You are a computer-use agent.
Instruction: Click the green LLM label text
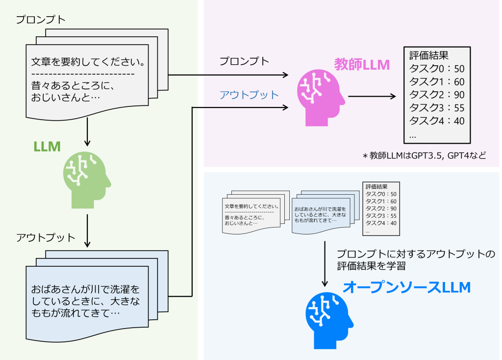(47, 146)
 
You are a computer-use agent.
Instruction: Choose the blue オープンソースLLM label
(406, 287)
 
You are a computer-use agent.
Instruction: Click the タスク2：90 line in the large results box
(436, 95)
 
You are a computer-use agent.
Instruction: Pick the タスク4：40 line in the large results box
(436, 121)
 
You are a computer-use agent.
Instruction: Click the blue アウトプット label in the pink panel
(249, 95)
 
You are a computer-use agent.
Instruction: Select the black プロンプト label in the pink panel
(244, 61)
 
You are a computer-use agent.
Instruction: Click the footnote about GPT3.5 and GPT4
(424, 156)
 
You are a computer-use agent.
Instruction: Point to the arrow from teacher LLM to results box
(372, 97)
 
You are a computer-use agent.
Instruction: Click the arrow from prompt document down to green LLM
(87, 132)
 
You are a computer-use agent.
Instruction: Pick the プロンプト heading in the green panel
(41, 20)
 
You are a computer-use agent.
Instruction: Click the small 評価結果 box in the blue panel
(381, 208)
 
